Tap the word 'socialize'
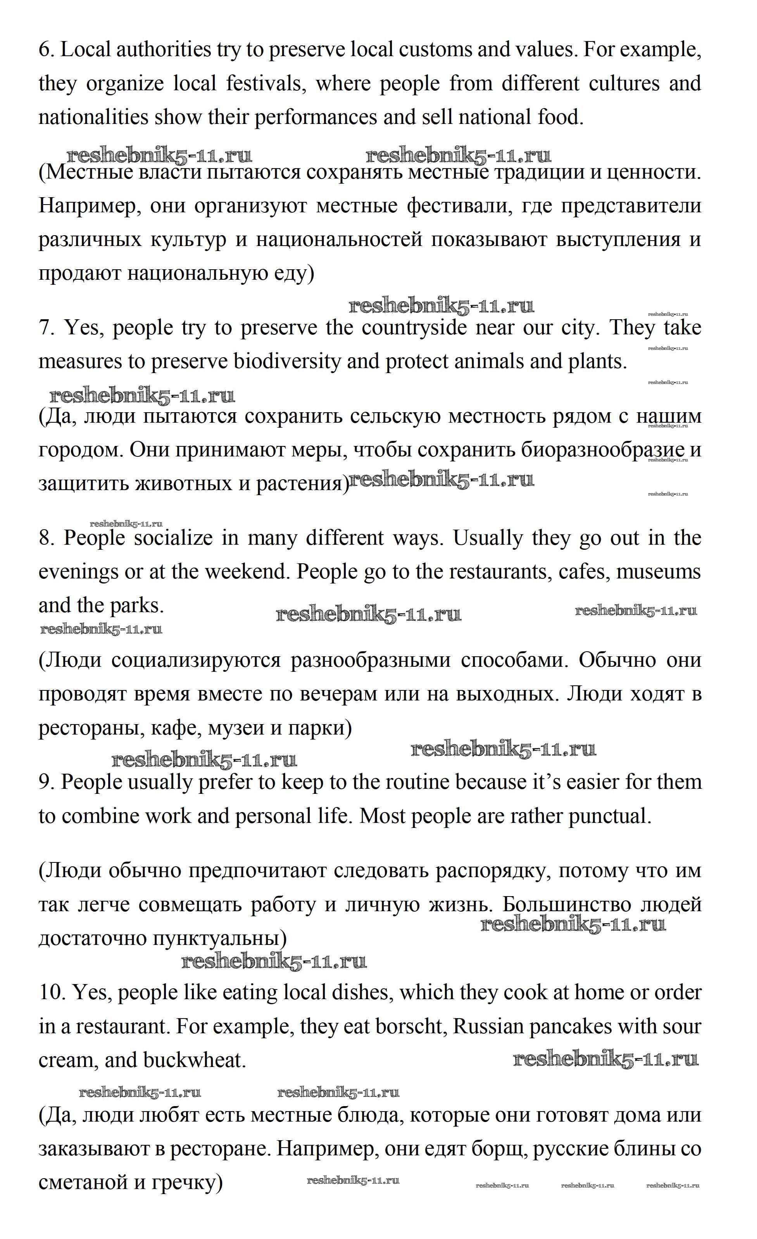(x=174, y=538)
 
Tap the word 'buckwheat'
(x=194, y=1060)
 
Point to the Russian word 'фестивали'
(x=470, y=206)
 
